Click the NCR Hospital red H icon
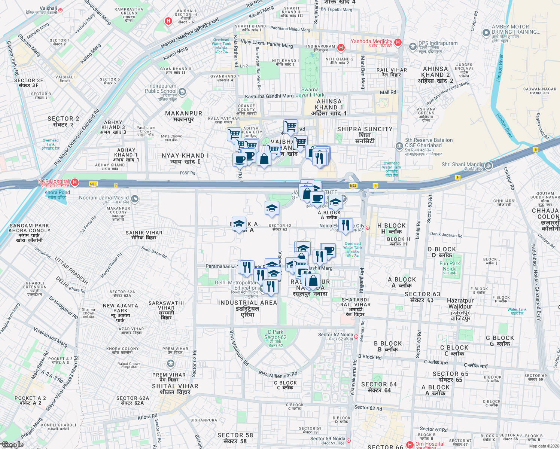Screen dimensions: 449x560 75,182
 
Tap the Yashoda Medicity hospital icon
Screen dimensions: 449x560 398,42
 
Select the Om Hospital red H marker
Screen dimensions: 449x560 410,445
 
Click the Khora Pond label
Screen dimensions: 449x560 57,195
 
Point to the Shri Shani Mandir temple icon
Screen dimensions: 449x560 488,165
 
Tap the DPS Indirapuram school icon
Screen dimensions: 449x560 413,46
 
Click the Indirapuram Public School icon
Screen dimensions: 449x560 182,92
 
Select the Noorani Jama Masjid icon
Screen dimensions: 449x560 135,199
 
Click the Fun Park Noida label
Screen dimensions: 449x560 450,268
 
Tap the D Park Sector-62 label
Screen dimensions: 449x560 276,338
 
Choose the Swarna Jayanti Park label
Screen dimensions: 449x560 310,92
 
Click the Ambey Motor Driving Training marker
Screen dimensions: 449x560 486,33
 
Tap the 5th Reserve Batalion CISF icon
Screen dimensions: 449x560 399,146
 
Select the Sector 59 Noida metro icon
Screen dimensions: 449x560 349,440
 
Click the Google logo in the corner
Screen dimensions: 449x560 12,445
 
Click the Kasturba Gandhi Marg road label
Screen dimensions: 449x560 269,96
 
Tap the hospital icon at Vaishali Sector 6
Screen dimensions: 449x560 168,21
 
